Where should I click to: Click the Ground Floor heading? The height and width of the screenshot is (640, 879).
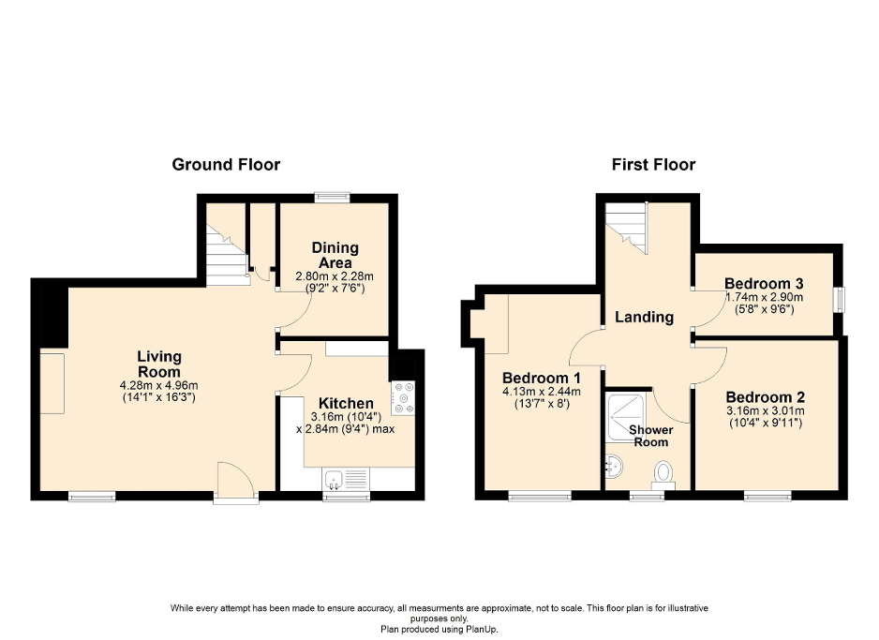coord(226,165)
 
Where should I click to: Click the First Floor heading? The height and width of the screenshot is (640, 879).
coord(653,165)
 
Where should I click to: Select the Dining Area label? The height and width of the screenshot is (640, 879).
coord(335,255)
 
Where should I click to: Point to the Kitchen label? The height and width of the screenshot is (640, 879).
coord(346,403)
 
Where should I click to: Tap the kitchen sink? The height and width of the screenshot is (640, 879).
coord(335,482)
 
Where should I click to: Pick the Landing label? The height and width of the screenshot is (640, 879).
coord(644,317)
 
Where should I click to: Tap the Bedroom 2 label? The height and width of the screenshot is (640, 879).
coord(765,395)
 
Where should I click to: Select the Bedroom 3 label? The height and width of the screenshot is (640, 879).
coord(764,283)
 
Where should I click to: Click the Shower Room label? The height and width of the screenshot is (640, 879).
coord(649,436)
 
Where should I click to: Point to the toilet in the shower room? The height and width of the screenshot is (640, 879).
coord(666,471)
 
